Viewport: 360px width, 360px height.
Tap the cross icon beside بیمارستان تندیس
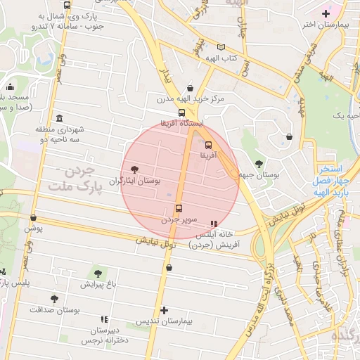pyautogui.click(x=164, y=310)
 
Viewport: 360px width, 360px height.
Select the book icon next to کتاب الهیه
pyautogui.click(x=222, y=47)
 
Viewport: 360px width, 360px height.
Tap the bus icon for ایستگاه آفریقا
pyautogui.click(x=182, y=112)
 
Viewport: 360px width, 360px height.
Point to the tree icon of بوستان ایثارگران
pyautogui.click(x=134, y=169)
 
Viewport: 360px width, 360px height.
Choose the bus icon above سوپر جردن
pyautogui.click(x=179, y=208)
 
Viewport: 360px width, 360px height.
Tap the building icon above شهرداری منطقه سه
pyautogui.click(x=58, y=117)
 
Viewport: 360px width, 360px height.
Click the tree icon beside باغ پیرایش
pyautogui.click(x=98, y=273)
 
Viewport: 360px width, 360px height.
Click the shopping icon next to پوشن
pyautogui.click(x=33, y=218)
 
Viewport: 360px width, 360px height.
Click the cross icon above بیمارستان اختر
pyautogui.click(x=325, y=13)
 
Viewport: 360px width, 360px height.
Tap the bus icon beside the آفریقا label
pyautogui.click(x=207, y=144)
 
